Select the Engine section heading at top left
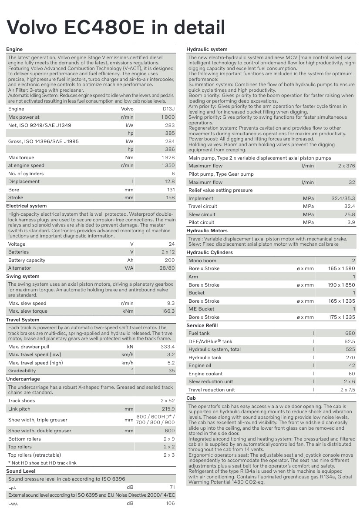(x=14, y=49)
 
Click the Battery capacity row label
(x=27, y=260)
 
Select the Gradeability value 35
(x=172, y=371)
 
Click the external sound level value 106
(x=170, y=503)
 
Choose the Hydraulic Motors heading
(x=207, y=231)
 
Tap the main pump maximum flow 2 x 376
(x=347, y=166)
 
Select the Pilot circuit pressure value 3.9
(x=351, y=222)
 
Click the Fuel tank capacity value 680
(x=350, y=333)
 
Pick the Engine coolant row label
(x=205, y=374)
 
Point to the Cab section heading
(x=191, y=398)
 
